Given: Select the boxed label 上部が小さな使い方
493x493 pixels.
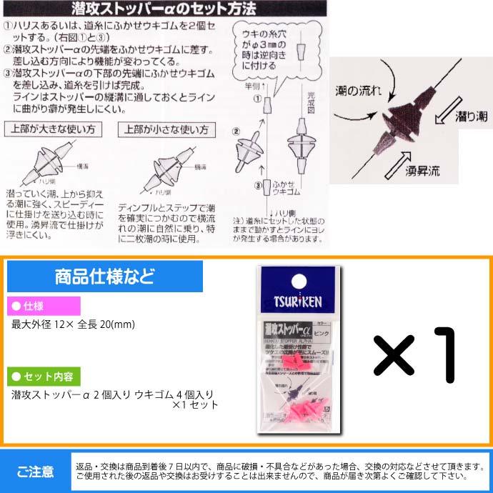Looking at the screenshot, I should coord(166,130).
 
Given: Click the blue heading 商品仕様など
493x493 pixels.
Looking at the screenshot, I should coord(104,276).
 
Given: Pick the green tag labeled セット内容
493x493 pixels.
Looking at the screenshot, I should coord(44,375).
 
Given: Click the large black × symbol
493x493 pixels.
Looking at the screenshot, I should coord(395,357).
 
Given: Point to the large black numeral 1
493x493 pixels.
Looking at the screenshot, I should coord(447,356).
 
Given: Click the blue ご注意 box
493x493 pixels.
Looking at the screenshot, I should coord(35,472).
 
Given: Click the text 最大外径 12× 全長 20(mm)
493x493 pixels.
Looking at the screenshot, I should coord(74,324).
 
